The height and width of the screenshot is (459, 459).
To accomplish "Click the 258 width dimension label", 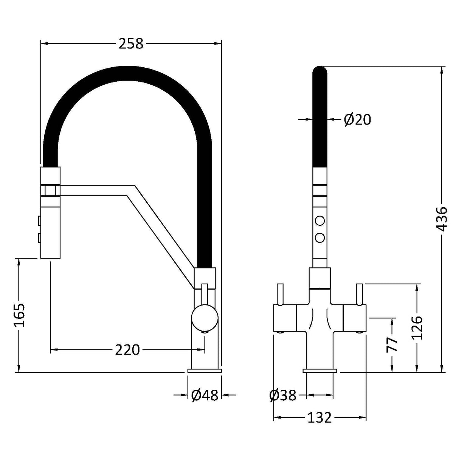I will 131,44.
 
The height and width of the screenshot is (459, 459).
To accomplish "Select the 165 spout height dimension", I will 18,315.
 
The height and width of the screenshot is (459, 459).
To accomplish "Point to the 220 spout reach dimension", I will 127,350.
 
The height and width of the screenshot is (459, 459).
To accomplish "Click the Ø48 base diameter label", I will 205,395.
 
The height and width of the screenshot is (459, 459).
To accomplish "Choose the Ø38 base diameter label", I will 283,395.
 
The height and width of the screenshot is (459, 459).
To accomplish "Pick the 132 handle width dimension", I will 319,417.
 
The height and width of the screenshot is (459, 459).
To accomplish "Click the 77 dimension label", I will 392,344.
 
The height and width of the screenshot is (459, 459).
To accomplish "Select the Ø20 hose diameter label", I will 357,119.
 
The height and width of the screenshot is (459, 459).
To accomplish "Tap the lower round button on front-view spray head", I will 320,237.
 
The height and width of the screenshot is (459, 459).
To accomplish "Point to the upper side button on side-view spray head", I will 39,220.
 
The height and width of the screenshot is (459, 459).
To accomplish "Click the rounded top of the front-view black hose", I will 320,72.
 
